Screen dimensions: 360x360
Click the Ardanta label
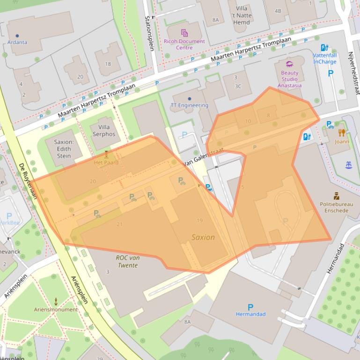click(x=17, y=42)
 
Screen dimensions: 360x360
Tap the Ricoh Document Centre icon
click(x=184, y=33)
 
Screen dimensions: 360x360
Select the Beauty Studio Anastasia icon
click(x=289, y=64)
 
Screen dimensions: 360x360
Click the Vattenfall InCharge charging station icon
click(x=324, y=48)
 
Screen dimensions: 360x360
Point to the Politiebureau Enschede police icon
click(x=336, y=196)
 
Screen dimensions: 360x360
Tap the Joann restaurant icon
click(x=342, y=133)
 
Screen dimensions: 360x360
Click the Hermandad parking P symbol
click(x=250, y=307)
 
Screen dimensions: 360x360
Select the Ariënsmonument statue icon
click(x=56, y=301)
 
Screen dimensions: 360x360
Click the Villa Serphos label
click(x=103, y=130)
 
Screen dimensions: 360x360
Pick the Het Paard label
click(x=106, y=163)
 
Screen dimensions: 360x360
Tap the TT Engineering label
click(x=189, y=105)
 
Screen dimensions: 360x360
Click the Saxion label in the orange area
click(x=203, y=237)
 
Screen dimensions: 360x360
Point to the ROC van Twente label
click(x=127, y=261)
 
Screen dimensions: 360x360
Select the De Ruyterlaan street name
click(x=29, y=181)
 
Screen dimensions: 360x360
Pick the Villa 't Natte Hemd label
click(x=242, y=15)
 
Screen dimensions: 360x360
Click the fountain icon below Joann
click(x=348, y=165)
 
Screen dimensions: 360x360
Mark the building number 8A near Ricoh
click(x=215, y=20)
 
